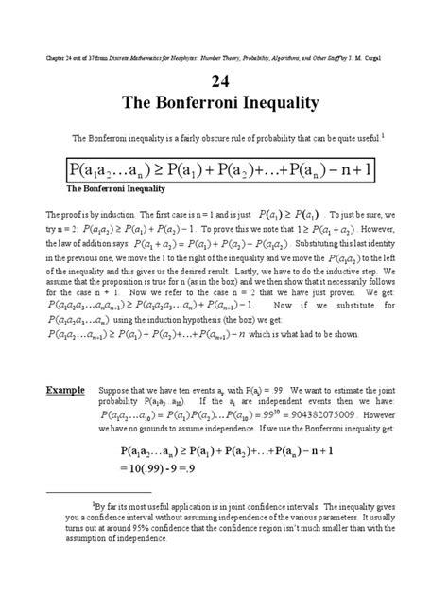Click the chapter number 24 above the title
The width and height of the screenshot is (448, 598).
224,79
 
